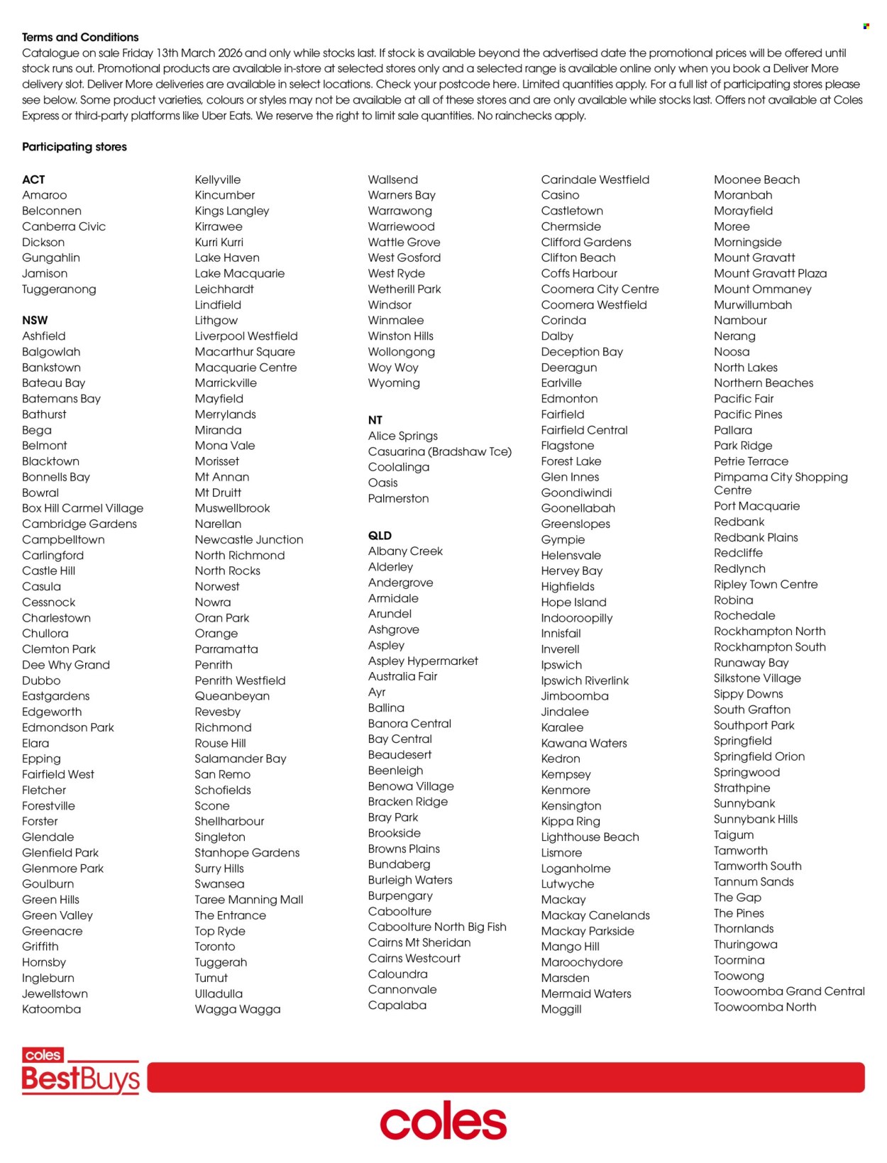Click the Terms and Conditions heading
[80, 38]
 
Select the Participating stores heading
[75, 147]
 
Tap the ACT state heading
[33, 180]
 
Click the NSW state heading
[35, 320]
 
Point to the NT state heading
[375, 420]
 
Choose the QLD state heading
[380, 536]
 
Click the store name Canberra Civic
[64, 226]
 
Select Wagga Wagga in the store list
[238, 1009]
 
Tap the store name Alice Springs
[403, 436]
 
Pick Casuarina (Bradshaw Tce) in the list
[440, 451]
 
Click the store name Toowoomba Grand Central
[789, 991]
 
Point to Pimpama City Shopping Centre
[781, 483]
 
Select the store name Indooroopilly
[577, 618]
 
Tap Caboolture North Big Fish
[437, 927]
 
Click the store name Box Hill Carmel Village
[82, 508]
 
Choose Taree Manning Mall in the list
[249, 900]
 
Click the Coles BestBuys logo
[80, 1071]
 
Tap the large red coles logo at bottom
[443, 1121]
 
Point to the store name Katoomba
[51, 1009]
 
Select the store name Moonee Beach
[756, 180]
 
